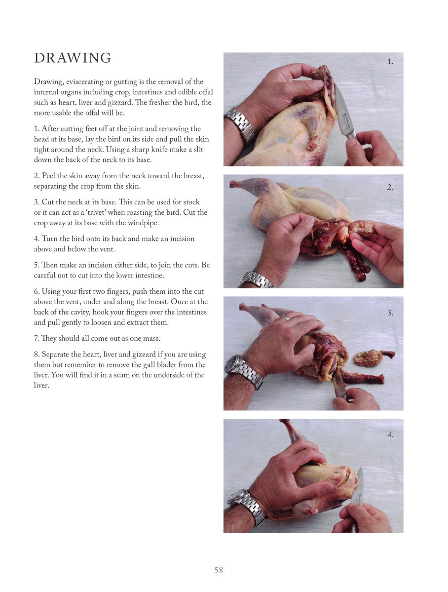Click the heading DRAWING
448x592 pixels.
pyautogui.click(x=73, y=58)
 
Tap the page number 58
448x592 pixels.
pyautogui.click(x=219, y=570)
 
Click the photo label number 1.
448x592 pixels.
pyautogui.click(x=390, y=62)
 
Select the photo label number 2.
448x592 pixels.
pyautogui.click(x=390, y=187)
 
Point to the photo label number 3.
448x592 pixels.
pyautogui.click(x=390, y=313)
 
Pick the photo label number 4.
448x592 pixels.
pyautogui.click(x=390, y=434)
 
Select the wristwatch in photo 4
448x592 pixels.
pyautogui.click(x=247, y=506)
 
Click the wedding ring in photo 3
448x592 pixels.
pyautogui.click(x=285, y=318)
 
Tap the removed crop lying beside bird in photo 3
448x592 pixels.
pyautogui.click(x=373, y=357)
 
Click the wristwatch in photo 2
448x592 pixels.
pyautogui.click(x=256, y=280)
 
